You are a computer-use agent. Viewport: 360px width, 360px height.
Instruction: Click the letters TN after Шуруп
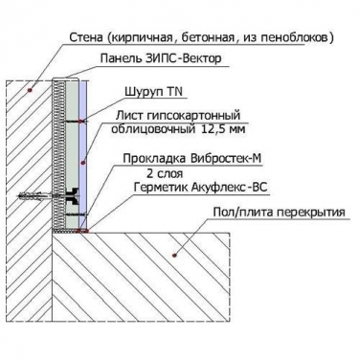174,92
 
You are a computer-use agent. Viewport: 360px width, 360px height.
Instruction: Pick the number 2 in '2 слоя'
150,173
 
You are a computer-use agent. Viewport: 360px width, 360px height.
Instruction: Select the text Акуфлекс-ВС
229,188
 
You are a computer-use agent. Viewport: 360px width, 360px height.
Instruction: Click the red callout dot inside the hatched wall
31,90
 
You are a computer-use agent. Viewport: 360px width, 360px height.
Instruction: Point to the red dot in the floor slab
174,255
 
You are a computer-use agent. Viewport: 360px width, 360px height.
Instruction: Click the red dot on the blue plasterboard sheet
83,163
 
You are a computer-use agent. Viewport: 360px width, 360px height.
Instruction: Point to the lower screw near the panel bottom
76,214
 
